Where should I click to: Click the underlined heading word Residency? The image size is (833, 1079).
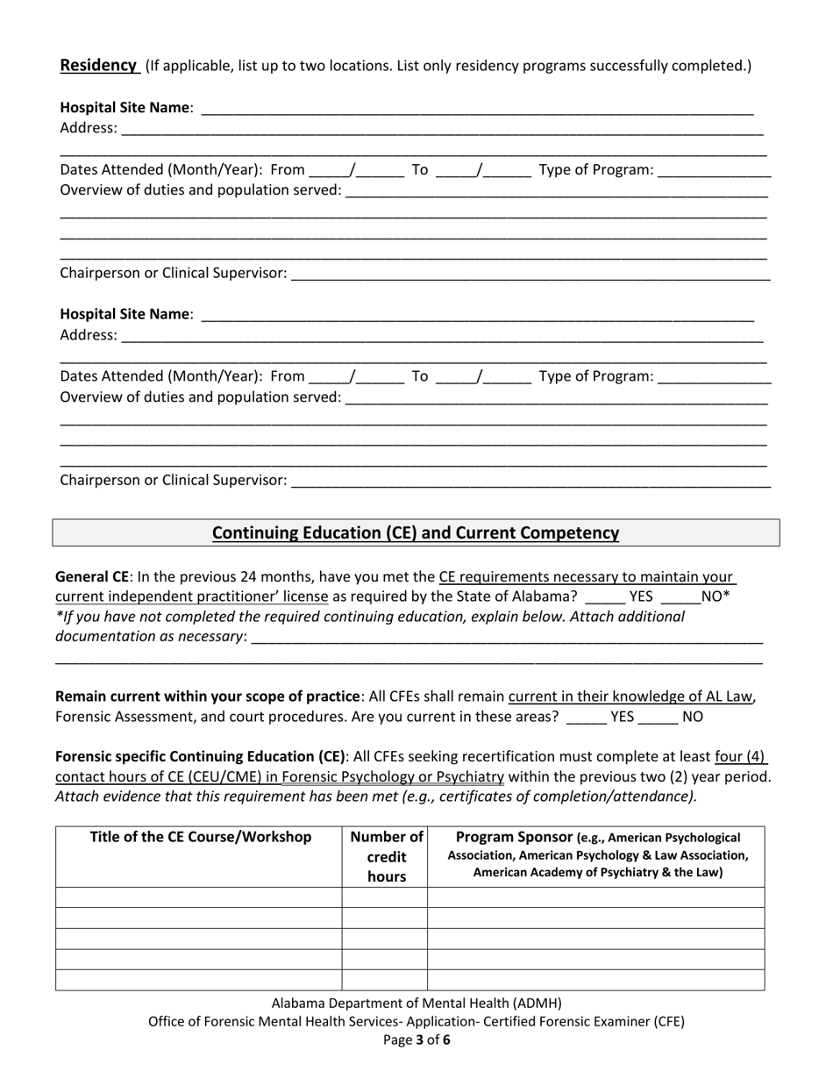[x=98, y=65]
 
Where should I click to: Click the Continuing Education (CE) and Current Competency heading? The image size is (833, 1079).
[x=416, y=532]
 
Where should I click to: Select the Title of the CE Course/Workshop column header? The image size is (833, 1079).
[x=200, y=837]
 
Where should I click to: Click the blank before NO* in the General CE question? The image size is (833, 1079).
[x=680, y=597]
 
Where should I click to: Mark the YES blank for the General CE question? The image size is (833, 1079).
[x=604, y=597]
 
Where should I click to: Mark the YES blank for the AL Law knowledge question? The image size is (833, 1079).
[x=587, y=717]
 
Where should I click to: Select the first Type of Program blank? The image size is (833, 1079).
[x=714, y=171]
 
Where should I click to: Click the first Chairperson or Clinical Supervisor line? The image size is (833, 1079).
[x=530, y=275]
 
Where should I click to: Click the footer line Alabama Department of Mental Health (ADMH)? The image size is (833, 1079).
[x=416, y=1003]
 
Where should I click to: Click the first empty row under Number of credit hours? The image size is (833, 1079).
[x=384, y=897]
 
